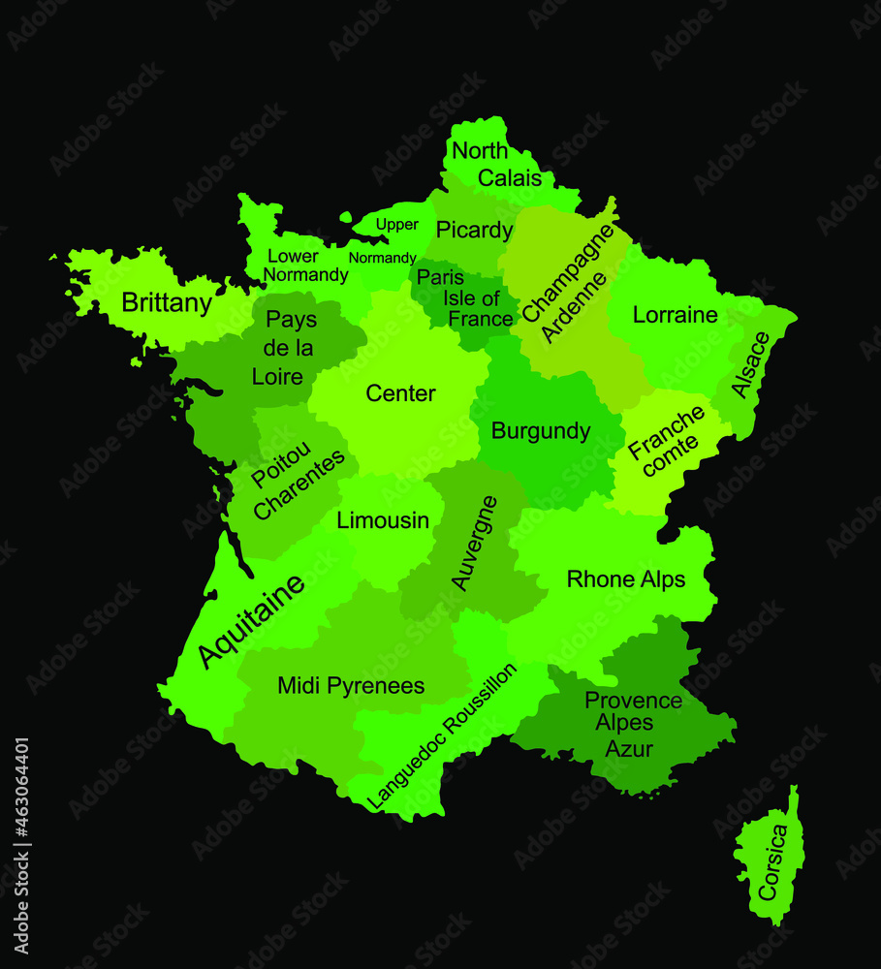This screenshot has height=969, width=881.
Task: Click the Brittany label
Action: coord(167,303)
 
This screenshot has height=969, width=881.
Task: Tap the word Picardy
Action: coord(474,230)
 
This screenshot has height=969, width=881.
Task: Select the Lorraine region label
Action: coord(675,315)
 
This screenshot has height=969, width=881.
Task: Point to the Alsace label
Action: coord(750,364)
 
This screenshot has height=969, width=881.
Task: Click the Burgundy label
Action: coord(541,431)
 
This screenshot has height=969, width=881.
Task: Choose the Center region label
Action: coord(400,393)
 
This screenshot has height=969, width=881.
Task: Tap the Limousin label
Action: coord(383,520)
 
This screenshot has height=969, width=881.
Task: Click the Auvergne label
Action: coord(475,543)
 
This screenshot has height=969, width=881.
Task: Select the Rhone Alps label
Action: coord(625,579)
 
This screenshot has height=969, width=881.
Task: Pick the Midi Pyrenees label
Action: coord(351,686)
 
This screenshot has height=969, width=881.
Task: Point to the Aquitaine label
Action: coord(251,620)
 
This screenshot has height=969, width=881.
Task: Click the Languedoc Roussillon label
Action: coord(442,736)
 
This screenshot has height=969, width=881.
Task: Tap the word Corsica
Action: coord(773,863)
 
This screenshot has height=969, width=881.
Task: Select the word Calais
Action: coord(510,178)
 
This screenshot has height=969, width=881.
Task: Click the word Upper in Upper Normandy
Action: coord(397,225)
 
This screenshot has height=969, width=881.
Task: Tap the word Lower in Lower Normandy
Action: coord(293,257)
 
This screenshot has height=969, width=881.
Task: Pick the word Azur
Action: coord(629,749)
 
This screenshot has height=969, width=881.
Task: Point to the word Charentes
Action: coord(299,484)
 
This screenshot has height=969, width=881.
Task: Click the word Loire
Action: coord(277,377)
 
